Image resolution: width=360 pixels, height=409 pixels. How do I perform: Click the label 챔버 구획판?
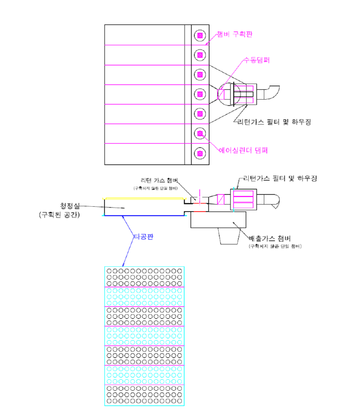[235, 34]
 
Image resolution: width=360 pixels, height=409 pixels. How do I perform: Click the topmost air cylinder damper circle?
[199, 35]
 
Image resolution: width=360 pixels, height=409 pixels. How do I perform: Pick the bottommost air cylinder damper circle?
[199, 153]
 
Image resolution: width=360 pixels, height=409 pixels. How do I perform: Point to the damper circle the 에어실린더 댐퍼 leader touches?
[199, 133]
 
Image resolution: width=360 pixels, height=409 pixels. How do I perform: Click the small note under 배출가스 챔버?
[275, 246]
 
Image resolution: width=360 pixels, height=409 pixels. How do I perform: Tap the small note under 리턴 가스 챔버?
[156, 188]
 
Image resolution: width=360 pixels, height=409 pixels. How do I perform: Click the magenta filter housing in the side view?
[243, 199]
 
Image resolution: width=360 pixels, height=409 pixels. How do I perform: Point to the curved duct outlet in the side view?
[272, 199]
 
